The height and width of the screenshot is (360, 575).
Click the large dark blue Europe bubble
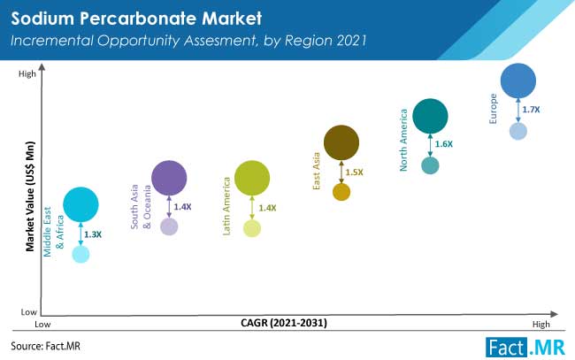(517, 80)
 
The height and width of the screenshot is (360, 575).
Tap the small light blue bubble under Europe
(518, 131)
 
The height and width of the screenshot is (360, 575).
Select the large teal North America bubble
(430, 116)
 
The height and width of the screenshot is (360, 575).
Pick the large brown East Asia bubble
(341, 142)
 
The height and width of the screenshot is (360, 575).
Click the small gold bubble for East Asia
(341, 192)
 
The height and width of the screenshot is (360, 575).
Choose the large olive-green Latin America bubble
(252, 178)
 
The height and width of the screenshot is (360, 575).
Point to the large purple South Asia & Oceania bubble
(169, 178)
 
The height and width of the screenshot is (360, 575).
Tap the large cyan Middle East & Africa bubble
(80, 204)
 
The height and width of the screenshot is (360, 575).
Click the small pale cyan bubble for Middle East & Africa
(80, 254)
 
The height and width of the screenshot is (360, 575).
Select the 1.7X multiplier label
(531, 110)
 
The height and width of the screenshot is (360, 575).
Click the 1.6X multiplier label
(444, 144)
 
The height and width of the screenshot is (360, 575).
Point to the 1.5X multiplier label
(354, 172)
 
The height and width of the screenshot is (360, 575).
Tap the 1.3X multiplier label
(93, 234)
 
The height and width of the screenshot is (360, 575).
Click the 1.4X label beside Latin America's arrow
(267, 208)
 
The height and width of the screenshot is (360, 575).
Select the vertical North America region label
(403, 140)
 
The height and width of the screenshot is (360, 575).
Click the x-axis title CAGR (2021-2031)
(284, 323)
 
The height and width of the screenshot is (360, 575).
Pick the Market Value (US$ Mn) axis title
(30, 196)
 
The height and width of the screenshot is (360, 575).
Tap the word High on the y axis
(27, 73)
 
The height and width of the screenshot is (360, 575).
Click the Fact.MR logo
(525, 347)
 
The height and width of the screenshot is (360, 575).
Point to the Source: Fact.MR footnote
(45, 346)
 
